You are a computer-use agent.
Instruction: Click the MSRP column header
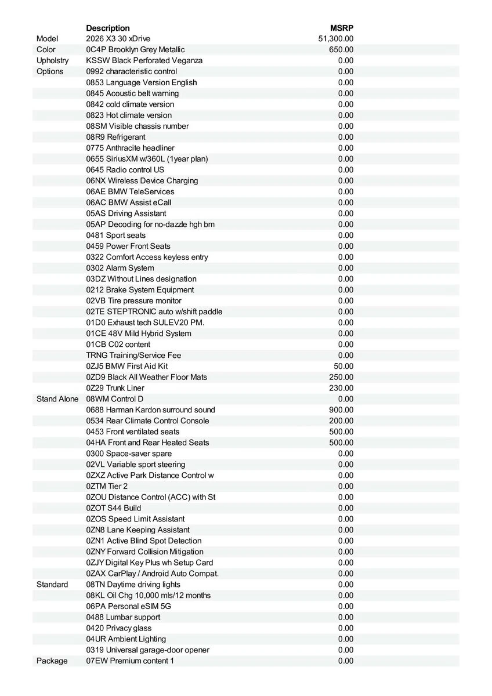coord(342,28)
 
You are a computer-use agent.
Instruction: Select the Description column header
coord(108,28)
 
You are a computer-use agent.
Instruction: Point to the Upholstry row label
coord(52,60)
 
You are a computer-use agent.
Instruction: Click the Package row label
coord(52,661)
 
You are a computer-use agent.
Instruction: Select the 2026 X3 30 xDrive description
coord(118,39)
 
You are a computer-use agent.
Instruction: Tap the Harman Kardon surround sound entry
coord(150,410)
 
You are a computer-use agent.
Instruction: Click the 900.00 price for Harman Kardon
coord(341,410)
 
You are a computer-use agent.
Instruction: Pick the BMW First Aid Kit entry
coord(127,366)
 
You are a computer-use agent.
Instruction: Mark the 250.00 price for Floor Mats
coord(341,377)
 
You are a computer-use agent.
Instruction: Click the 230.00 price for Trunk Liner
coord(341,388)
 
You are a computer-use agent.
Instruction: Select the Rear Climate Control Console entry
coord(147,421)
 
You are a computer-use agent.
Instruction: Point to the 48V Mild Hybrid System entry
coord(139,333)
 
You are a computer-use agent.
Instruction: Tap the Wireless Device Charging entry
coord(142,180)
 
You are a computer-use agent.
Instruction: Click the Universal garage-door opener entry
coord(148,650)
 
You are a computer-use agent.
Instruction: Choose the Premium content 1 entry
coord(130,661)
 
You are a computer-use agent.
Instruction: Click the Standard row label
coord(52,585)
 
